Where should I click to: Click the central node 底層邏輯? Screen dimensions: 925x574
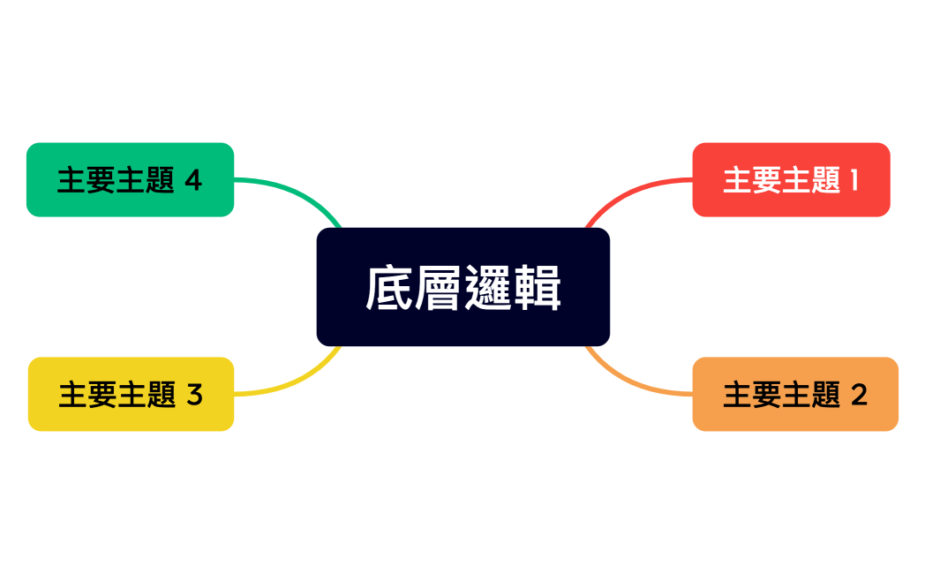(462, 287)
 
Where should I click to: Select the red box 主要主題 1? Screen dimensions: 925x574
(791, 179)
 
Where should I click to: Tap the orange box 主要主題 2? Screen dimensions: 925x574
(794, 394)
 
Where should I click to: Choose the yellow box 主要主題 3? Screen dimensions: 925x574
(131, 394)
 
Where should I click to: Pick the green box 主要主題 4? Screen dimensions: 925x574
(130, 179)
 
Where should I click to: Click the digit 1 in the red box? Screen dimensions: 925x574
(854, 180)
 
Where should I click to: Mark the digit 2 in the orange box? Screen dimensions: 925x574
(859, 395)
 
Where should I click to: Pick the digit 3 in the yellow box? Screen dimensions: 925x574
(194, 395)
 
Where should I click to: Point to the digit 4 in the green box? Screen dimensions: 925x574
(193, 180)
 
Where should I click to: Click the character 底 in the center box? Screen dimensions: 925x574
(389, 288)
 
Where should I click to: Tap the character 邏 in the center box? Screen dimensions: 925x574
(487, 288)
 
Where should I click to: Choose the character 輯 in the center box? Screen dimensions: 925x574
(537, 288)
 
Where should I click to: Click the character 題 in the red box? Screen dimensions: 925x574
(826, 180)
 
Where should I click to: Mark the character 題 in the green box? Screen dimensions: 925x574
(161, 180)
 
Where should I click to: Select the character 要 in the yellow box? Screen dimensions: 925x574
(102, 395)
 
